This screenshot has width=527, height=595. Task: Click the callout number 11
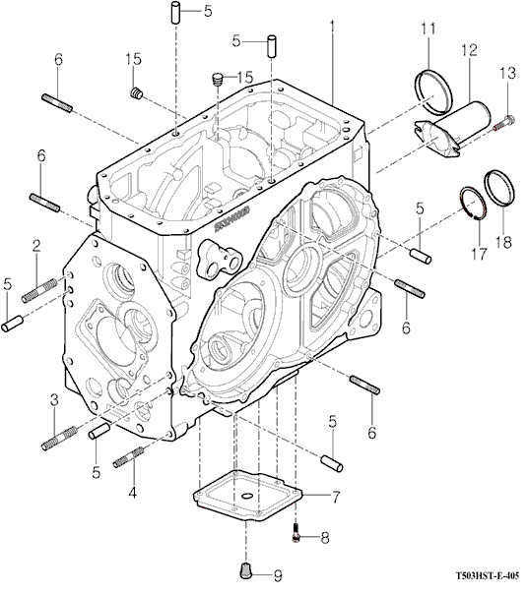[428, 29]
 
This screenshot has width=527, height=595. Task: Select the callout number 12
[469, 50]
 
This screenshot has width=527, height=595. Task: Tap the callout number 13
[508, 73]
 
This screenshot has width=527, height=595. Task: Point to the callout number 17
[479, 254]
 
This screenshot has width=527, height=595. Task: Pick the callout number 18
[503, 242]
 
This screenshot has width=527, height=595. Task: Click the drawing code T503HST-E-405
[488, 575]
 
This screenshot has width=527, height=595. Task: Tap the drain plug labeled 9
[246, 568]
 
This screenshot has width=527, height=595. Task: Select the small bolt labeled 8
[296, 533]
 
